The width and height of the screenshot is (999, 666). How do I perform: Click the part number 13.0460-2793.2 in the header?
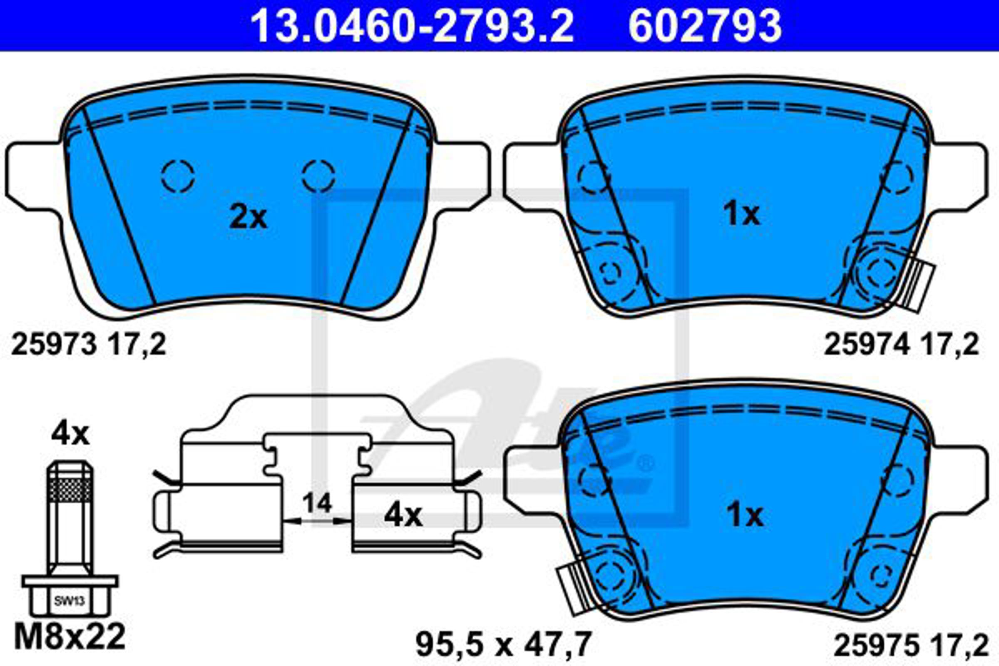[412, 26]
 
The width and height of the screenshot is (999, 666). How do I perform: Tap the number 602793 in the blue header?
[706, 26]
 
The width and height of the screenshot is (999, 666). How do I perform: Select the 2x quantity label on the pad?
[248, 217]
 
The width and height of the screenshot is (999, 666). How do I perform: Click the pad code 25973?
[55, 345]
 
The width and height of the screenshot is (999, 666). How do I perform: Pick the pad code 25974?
[867, 345]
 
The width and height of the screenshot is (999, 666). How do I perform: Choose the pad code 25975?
[876, 646]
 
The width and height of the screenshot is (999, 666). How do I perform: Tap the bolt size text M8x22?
[70, 637]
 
